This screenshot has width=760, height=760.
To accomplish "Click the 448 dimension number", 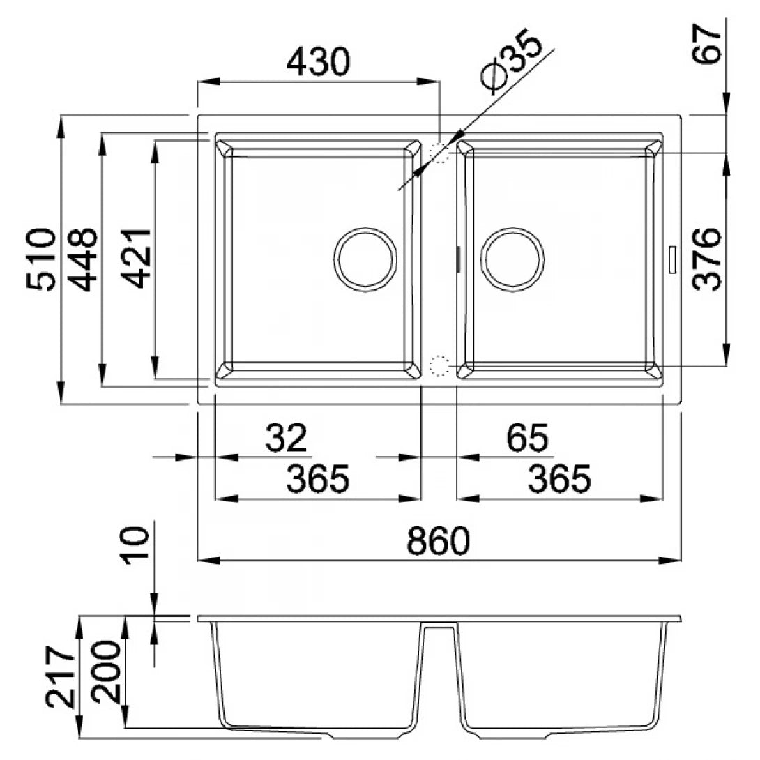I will point(85,259).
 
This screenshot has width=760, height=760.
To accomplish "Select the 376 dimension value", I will point(709,259).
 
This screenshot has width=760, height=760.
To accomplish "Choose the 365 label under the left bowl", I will point(318,480).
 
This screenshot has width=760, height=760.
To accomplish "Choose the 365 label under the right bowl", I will point(560,480).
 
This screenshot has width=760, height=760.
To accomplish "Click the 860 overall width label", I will point(437,541).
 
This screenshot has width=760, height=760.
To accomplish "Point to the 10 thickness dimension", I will point(137,545).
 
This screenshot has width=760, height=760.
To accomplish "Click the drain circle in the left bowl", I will point(365,258).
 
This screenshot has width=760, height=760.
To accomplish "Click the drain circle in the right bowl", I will point(514,258).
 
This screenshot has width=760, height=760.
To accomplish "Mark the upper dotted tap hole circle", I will point(439,153).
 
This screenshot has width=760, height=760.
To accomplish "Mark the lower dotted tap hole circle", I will point(439,364).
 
